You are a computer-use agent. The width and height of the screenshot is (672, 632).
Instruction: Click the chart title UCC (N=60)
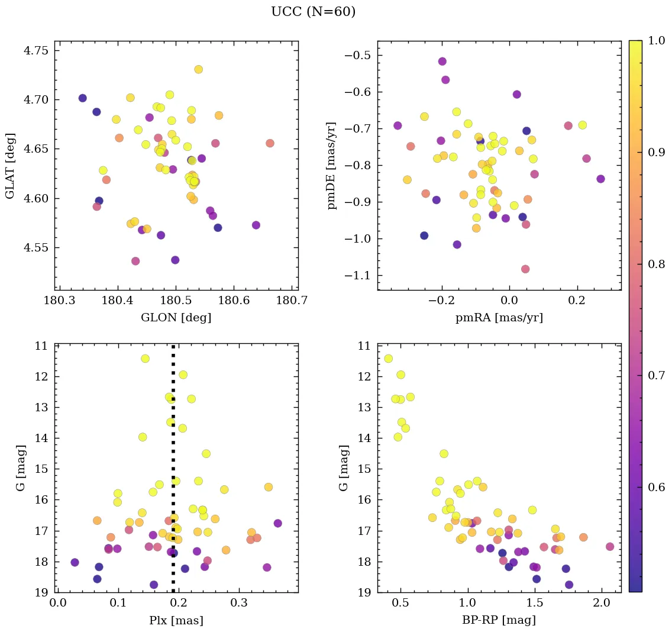[313, 12]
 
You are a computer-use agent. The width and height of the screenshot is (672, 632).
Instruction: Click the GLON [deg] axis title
[176, 318]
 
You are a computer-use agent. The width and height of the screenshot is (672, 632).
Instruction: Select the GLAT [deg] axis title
[10, 165]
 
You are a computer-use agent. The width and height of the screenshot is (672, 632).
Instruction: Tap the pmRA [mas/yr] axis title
[499, 318]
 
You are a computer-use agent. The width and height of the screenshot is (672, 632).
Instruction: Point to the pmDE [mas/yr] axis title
[332, 165]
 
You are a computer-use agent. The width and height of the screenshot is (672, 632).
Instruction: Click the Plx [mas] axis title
[176, 620]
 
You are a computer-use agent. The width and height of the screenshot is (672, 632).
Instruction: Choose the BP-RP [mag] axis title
[499, 620]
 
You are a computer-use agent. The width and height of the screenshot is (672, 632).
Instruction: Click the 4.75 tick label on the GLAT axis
[36, 50]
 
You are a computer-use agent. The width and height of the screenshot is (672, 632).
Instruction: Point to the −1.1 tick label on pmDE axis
[356, 275]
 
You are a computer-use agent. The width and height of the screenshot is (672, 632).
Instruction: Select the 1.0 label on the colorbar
[656, 41]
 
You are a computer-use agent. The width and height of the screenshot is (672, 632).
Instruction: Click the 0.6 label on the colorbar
[656, 487]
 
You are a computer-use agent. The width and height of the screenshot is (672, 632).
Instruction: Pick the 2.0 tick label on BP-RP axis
[602, 604]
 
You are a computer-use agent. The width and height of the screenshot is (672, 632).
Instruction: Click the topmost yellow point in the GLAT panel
[198, 69]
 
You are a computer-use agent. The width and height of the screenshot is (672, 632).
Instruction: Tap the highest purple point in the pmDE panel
[442, 62]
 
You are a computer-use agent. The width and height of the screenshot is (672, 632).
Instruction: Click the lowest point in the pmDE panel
[525, 269]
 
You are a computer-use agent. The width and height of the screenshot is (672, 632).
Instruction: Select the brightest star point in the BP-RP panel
[388, 359]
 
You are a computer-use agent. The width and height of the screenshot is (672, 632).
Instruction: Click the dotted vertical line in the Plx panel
[173, 473]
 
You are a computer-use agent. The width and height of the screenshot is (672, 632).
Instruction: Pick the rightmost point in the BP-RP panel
[610, 547]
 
